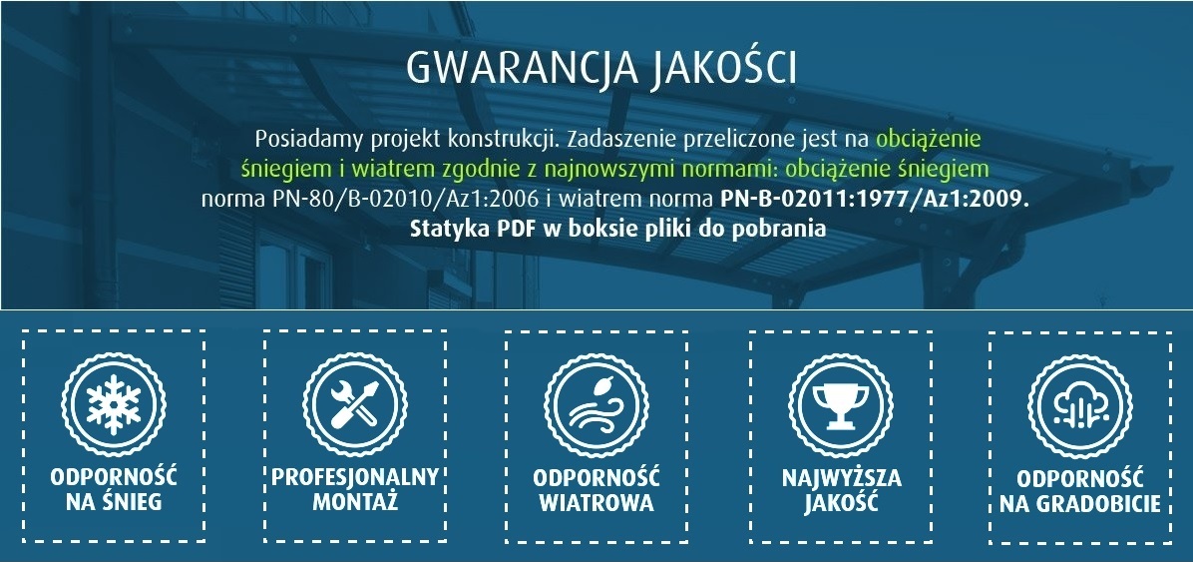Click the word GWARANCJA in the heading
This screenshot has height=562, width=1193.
pyautogui.click(x=521, y=69)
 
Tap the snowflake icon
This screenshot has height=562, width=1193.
pyautogui.click(x=114, y=404)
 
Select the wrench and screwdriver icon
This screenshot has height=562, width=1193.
pyautogui.click(x=354, y=404)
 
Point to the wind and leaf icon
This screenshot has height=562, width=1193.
pyautogui.click(x=596, y=405)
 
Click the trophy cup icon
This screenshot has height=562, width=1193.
pyautogui.click(x=841, y=405)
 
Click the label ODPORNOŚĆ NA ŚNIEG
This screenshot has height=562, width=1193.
pyautogui.click(x=114, y=489)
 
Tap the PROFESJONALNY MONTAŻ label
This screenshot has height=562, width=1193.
pyautogui.click(x=355, y=489)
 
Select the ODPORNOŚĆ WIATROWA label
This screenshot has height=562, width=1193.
pyautogui.click(x=596, y=490)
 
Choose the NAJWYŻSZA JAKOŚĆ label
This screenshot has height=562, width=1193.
pyautogui.click(x=842, y=490)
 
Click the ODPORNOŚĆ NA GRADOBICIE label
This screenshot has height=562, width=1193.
pyautogui.click(x=1080, y=491)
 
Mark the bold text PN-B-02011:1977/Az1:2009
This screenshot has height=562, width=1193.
pyautogui.click(x=874, y=200)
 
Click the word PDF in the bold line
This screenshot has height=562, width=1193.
pyautogui.click(x=518, y=229)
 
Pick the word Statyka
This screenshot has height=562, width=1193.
pyautogui.click(x=451, y=230)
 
